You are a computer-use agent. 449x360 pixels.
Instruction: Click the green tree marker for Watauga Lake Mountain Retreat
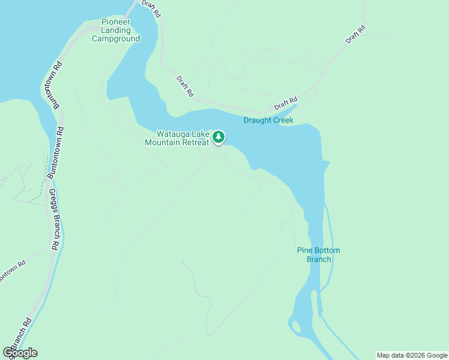(x=219, y=137)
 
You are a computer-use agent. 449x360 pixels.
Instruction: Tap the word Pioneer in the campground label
(x=116, y=22)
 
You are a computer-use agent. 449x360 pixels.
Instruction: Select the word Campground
(x=116, y=38)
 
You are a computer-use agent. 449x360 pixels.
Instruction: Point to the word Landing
(x=116, y=30)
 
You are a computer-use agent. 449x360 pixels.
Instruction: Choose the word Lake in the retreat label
(x=200, y=134)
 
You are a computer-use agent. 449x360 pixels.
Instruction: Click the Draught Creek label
(x=268, y=120)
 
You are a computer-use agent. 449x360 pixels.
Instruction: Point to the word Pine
(x=306, y=250)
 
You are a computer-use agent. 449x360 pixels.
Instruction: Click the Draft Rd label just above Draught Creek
(x=286, y=103)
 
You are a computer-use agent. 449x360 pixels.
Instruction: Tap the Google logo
(x=20, y=352)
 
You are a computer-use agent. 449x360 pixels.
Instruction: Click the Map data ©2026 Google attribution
(x=412, y=355)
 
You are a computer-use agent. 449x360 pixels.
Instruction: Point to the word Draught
(x=258, y=120)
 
